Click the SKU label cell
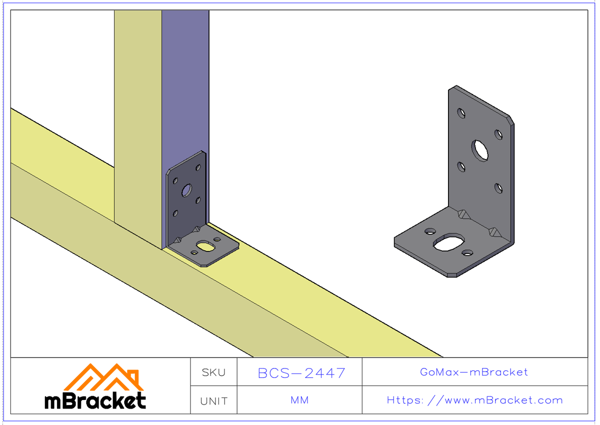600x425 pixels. click(213, 372)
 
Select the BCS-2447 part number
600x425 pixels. click(301, 373)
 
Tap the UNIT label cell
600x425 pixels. click(213, 401)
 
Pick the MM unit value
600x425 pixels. click(299, 400)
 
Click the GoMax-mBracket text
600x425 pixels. click(474, 372)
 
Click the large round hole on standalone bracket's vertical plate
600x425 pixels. click(481, 150)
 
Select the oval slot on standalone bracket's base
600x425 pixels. click(448, 242)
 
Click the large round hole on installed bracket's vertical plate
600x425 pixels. click(187, 190)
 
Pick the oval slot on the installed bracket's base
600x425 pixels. click(204, 245)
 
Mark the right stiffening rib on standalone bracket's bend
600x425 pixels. click(495, 231)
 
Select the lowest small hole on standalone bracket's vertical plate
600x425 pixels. click(498, 188)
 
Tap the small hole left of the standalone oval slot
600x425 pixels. click(429, 231)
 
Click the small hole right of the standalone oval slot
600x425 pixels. click(467, 253)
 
